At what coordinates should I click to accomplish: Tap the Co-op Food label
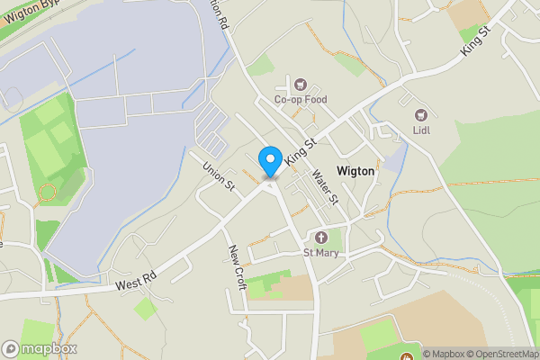[x=301, y=100]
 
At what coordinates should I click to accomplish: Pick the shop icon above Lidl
[x=420, y=114]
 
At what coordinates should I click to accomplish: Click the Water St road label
[x=325, y=185]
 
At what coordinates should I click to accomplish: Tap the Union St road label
[x=219, y=174]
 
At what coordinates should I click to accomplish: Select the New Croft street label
[x=238, y=262]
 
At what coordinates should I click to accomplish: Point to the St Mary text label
[x=320, y=253]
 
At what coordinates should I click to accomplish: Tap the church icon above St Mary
[x=320, y=238]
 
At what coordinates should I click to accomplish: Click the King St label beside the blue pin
[x=302, y=150]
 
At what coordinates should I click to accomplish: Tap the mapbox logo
[x=40, y=348]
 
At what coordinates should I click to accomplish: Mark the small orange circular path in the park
[x=47, y=191]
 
